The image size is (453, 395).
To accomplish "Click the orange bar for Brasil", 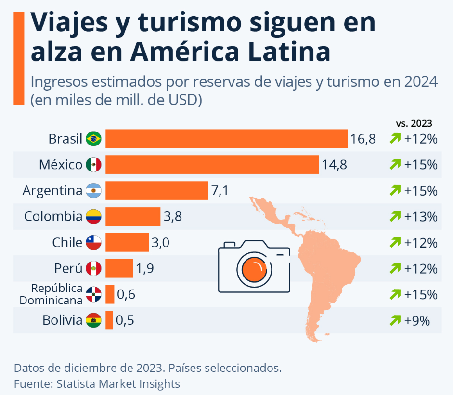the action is pyautogui.click(x=226, y=139).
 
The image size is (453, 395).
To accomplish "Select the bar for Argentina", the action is pyautogui.click(x=156, y=191).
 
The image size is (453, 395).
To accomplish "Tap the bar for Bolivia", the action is pyautogui.click(x=109, y=320).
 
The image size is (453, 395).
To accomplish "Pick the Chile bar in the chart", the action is pyautogui.click(x=127, y=242).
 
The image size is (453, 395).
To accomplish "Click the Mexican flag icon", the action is pyautogui.click(x=93, y=165).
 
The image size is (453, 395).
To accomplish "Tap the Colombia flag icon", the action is pyautogui.click(x=93, y=216).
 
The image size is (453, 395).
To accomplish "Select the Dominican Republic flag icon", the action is pyautogui.click(x=93, y=294).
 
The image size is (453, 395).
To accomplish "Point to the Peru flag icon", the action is pyautogui.click(x=93, y=268).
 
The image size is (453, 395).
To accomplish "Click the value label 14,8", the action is pyautogui.click(x=334, y=165).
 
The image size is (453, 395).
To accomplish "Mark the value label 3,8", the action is pyautogui.click(x=173, y=217).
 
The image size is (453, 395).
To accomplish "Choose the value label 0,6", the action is pyautogui.click(x=126, y=294).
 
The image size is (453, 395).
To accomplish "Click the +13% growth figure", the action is pyautogui.click(x=421, y=217).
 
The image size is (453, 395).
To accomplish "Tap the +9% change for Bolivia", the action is pyautogui.click(x=417, y=321).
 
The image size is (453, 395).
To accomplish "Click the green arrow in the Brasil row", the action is pyautogui.click(x=395, y=138).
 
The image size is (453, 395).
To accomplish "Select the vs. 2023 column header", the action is pyautogui.click(x=414, y=123).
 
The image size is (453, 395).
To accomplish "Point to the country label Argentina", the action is pyautogui.click(x=52, y=191).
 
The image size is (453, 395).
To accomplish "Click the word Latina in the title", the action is pyautogui.click(x=289, y=52).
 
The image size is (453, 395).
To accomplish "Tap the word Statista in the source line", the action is pyautogui.click(x=76, y=384).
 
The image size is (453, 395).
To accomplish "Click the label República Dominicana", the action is pyautogui.click(x=51, y=294).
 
